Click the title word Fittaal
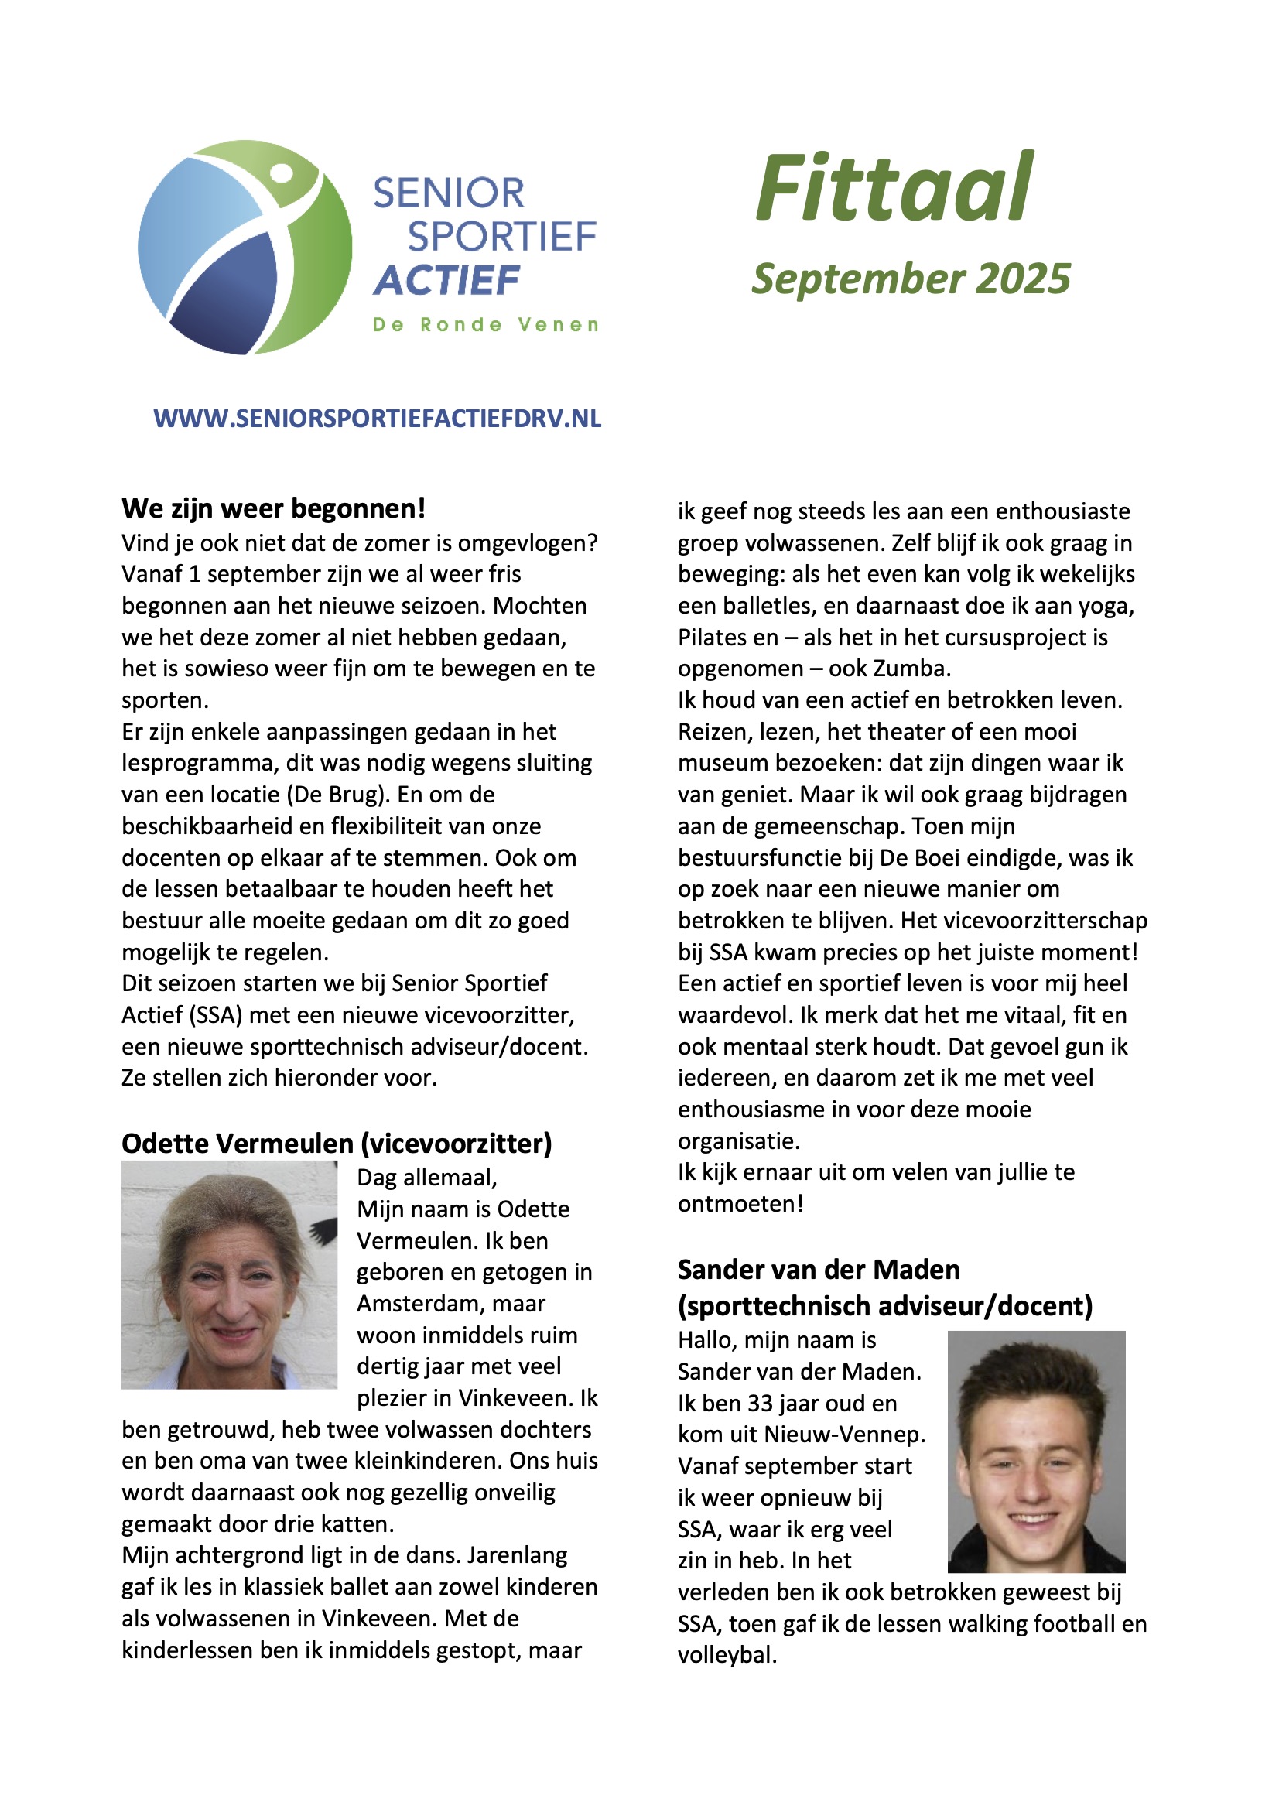(894, 189)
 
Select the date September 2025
(911, 279)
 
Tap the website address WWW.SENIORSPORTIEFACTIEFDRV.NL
(377, 419)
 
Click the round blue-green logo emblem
(245, 248)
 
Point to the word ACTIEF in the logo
(446, 281)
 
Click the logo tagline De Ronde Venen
(485, 325)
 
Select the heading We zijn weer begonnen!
(273, 509)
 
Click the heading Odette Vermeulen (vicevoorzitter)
(337, 1144)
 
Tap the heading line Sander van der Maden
(819, 1269)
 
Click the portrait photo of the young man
(1036, 1452)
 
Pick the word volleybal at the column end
(726, 1655)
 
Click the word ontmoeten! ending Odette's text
(740, 1204)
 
